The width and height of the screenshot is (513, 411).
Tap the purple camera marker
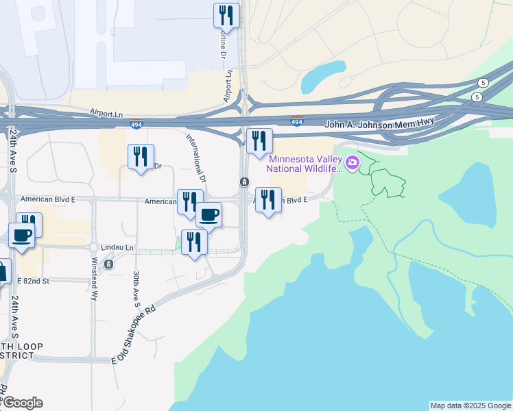click(353, 163)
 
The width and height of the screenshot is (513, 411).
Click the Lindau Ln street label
click(119, 247)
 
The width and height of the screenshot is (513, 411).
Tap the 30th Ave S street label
click(136, 287)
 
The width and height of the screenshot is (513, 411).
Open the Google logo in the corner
click(22, 403)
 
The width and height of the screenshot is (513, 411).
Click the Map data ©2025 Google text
click(470, 406)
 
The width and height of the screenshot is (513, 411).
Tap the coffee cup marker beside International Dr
click(209, 214)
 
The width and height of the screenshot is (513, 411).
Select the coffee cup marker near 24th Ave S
click(21, 235)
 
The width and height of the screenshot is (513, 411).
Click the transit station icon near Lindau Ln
click(108, 264)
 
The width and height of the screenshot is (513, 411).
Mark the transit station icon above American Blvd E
click(244, 182)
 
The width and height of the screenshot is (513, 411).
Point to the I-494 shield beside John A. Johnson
click(296, 121)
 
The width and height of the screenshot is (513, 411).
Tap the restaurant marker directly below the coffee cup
click(194, 242)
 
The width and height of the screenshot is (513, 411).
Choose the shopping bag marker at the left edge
click(3, 271)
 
